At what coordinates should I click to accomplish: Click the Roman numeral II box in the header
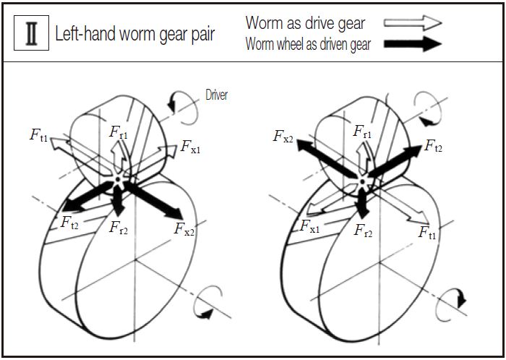32,35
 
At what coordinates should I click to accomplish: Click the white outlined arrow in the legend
413,22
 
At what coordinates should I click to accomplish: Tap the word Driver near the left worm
217,95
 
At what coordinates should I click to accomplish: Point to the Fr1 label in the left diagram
119,132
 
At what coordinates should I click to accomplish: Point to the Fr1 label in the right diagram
363,132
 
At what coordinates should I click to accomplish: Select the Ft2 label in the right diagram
434,146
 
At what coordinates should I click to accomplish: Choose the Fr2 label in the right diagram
364,231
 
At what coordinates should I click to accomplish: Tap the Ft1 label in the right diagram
429,232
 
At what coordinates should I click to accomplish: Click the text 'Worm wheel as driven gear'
309,44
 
